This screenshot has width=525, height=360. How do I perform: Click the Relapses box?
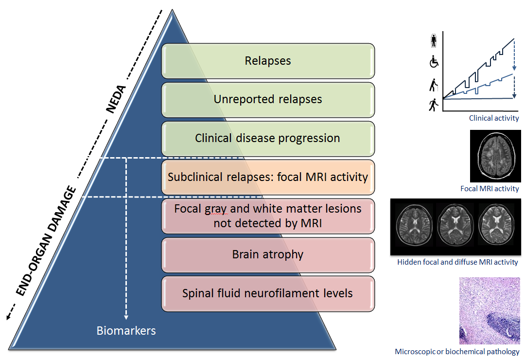(268, 61)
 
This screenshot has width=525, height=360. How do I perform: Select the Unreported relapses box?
(268, 99)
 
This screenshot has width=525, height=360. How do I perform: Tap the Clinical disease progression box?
(268, 138)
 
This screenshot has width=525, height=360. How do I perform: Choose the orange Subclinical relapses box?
(268, 177)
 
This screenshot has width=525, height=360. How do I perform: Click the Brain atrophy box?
(268, 254)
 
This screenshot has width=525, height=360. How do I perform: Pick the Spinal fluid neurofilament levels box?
(268, 293)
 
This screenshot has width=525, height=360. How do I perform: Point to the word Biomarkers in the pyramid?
(126, 331)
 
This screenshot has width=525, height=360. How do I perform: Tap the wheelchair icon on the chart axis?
(434, 62)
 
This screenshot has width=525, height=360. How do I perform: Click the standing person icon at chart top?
(434, 41)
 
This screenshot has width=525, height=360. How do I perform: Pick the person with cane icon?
(434, 86)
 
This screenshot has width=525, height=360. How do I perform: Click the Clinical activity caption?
(493, 118)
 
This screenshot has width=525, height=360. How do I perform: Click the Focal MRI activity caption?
(490, 189)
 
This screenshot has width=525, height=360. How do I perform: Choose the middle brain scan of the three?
(455, 226)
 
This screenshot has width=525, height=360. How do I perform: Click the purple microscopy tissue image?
(489, 310)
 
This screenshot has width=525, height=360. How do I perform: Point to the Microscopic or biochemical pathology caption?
(457, 352)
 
